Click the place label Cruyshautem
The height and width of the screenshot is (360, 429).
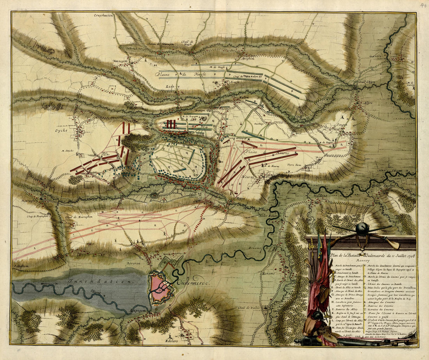103,16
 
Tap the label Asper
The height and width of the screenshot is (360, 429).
368,103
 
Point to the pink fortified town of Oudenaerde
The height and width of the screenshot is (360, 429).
160,288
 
